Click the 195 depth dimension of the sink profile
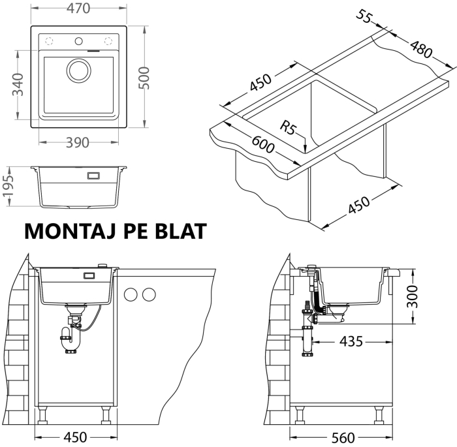click(10, 187)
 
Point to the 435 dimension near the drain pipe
click(351, 342)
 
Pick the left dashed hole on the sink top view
click(48, 40)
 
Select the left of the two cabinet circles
click(131, 294)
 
